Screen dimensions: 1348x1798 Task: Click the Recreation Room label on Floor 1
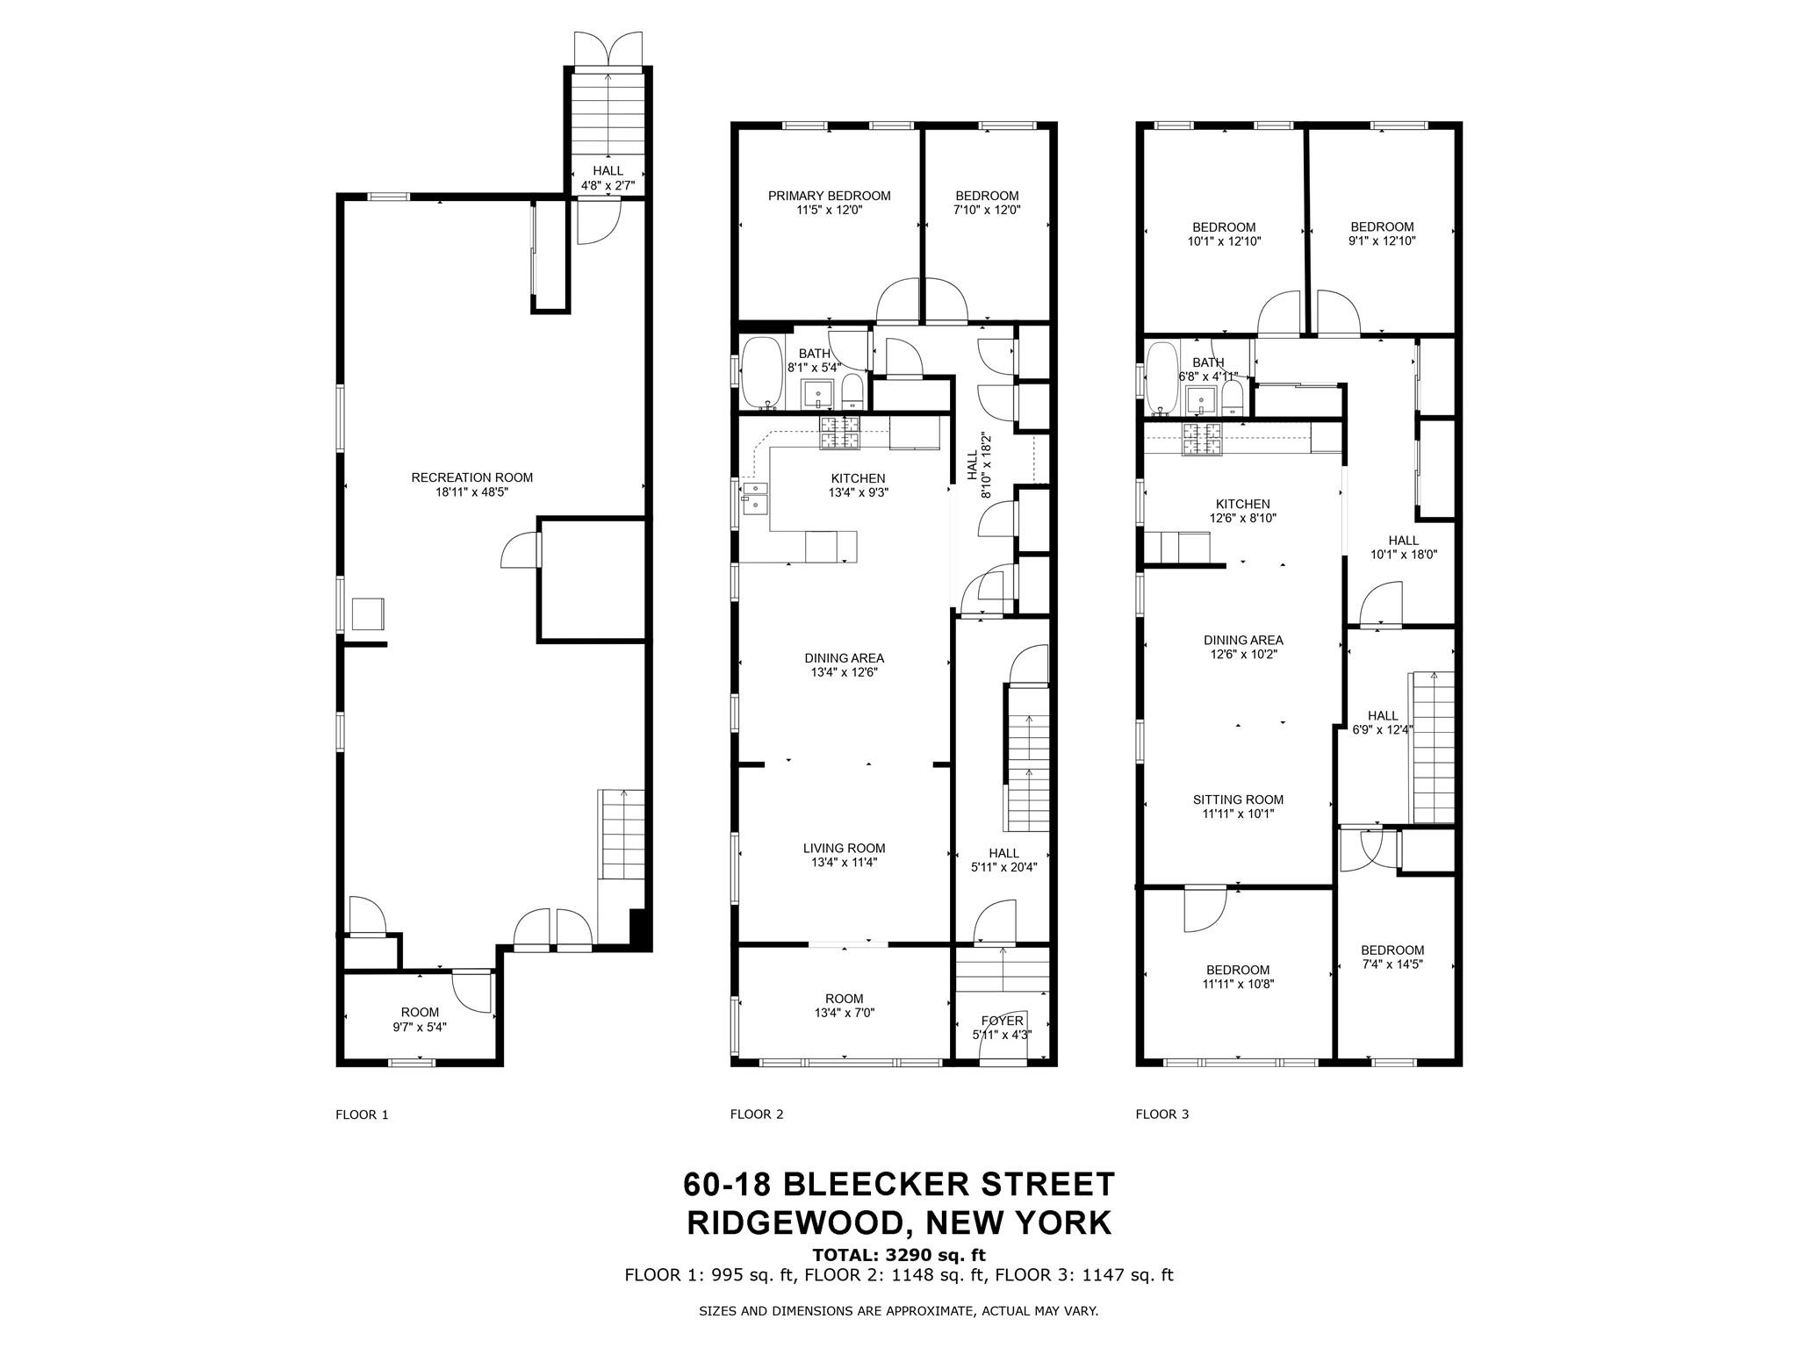click(471, 477)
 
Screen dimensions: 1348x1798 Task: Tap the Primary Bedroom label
click(829, 196)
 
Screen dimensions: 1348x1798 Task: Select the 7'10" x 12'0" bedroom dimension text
click(987, 211)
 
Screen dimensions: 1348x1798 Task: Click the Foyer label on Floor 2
click(1002, 1021)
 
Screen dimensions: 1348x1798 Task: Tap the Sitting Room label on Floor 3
click(1238, 799)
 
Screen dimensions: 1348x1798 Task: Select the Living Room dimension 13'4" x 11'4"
click(844, 863)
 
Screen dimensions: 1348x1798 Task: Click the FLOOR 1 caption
click(362, 1115)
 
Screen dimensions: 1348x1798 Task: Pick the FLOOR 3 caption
click(1162, 1115)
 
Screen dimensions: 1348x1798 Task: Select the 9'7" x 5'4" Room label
click(420, 1027)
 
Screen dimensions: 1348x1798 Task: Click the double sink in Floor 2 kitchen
click(755, 497)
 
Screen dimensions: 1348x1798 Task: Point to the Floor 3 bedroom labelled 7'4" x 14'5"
click(1392, 957)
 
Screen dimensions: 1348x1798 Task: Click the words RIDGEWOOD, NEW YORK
click(898, 1223)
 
